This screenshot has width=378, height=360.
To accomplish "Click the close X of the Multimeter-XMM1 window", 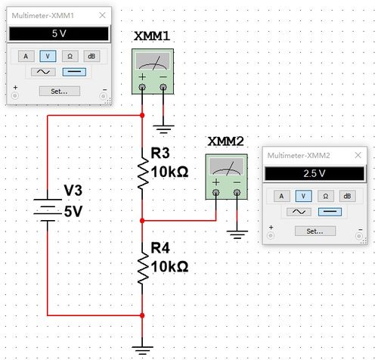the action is (x=102, y=15).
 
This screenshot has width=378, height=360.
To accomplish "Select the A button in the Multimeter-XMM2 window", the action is (x=282, y=196).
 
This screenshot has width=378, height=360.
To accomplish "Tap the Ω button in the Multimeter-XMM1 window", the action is (x=70, y=56).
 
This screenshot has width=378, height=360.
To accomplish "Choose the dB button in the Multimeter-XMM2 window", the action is (x=347, y=196).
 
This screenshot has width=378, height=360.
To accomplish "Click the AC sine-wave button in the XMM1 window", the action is (x=43, y=72).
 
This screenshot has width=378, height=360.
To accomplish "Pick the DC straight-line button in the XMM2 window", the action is (x=330, y=212).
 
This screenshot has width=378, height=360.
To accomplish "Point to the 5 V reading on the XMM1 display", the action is (x=59, y=33).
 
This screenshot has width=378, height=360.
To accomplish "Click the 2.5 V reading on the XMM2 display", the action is (x=314, y=173).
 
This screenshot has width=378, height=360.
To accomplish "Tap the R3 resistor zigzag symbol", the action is (x=143, y=173).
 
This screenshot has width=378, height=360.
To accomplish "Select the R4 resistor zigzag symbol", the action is (x=143, y=268).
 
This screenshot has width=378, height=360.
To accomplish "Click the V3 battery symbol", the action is (x=48, y=210).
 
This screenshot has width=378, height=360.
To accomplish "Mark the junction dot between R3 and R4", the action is (x=142, y=221).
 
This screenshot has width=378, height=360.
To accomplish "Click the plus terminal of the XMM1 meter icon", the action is (x=142, y=87).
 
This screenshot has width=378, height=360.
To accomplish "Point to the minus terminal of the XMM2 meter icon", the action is (x=237, y=193).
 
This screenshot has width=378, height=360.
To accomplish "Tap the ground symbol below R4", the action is (x=142, y=350).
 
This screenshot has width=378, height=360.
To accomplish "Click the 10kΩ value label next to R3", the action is (x=169, y=172).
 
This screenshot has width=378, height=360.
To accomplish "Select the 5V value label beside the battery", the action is (x=73, y=211).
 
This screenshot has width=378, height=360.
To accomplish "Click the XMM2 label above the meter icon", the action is (x=225, y=141).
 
